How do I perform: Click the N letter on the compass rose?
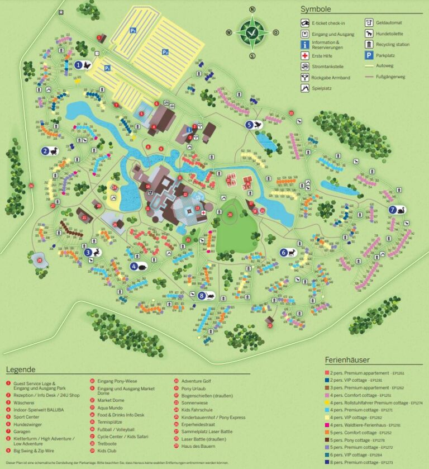[252, 10]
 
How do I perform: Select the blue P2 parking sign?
[165, 52]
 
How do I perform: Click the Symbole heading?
[316, 9]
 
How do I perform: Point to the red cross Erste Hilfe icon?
[305, 56]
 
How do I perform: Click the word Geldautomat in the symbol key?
[390, 23]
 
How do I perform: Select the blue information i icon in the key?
[305, 44]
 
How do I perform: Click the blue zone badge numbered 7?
[393, 210]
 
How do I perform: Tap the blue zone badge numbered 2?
[45, 150]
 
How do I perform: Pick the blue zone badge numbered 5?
[249, 125]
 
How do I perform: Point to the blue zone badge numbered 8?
[201, 295]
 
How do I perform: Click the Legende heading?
[21, 369]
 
